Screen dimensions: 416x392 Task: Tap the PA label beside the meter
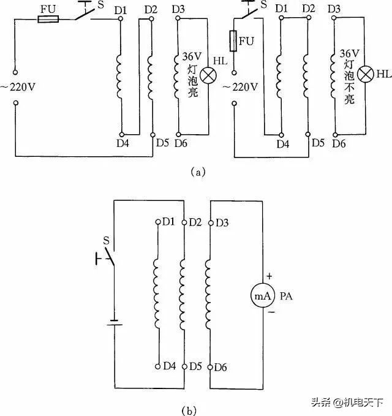tap(287, 297)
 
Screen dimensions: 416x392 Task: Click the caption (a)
tap(197, 173)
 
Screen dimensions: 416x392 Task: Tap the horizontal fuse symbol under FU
tap(48, 20)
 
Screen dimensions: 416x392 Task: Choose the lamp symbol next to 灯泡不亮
tap(366, 75)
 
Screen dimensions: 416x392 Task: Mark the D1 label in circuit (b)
tap(169, 221)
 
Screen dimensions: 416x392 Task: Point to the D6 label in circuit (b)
tap(221, 366)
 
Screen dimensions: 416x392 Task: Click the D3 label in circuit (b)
tap(222, 222)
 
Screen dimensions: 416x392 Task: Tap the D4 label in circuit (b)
tap(170, 366)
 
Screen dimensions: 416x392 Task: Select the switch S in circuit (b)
tap(108, 257)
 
